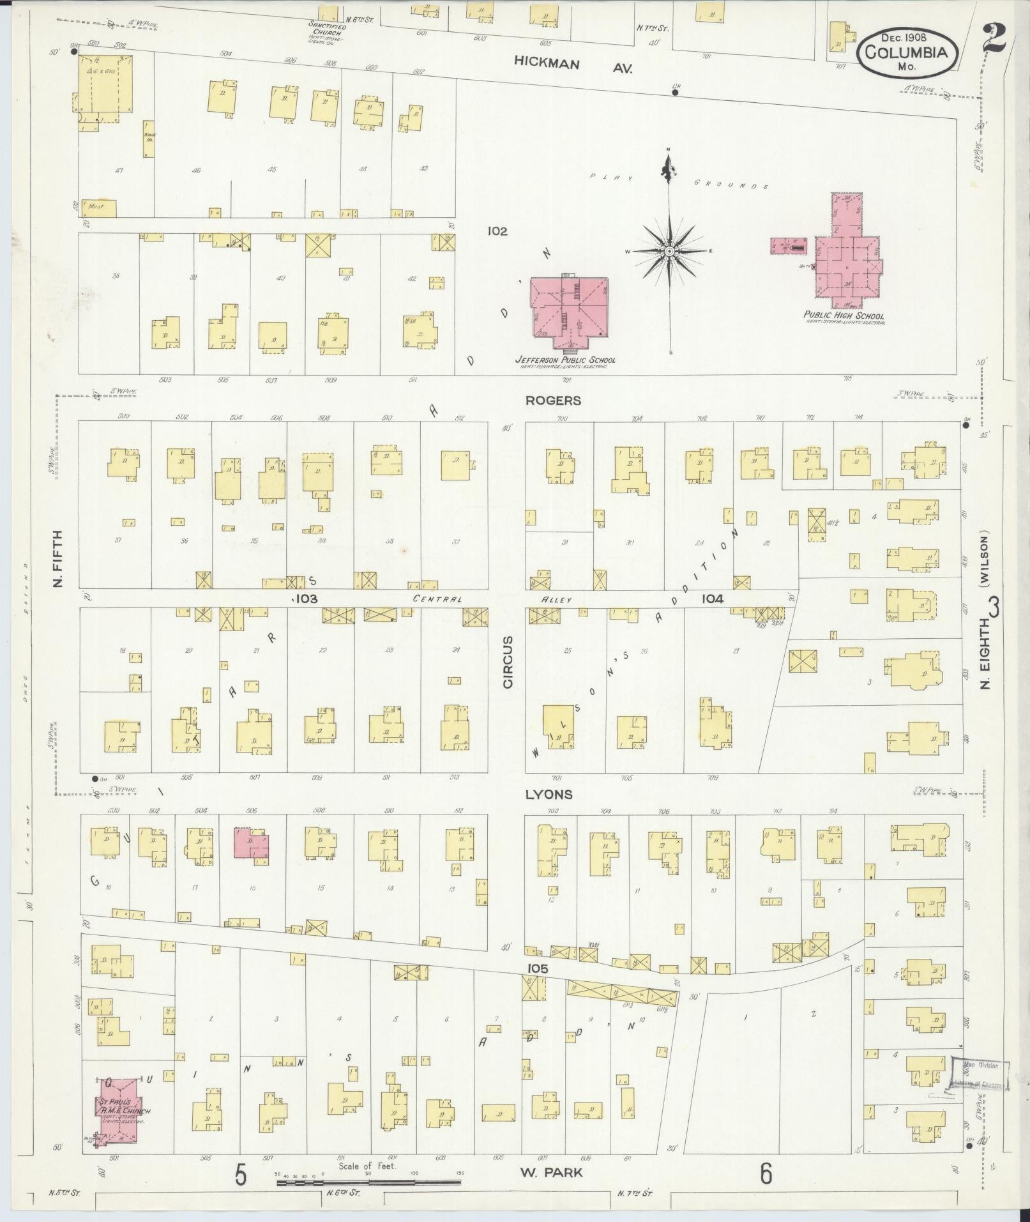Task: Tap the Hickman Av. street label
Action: (573, 65)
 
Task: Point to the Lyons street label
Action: (549, 795)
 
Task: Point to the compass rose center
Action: (669, 252)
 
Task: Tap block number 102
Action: (497, 231)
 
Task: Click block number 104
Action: (712, 599)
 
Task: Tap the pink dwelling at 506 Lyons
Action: (251, 846)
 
